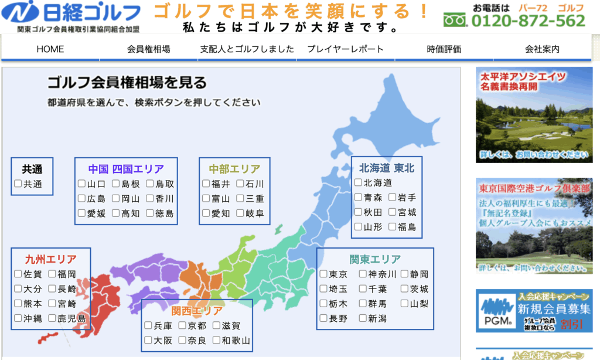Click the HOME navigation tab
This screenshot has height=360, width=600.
(x=50, y=49)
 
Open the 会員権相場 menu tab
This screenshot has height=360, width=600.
(x=148, y=49)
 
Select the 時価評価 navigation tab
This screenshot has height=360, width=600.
(x=444, y=49)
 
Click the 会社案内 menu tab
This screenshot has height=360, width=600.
(x=542, y=49)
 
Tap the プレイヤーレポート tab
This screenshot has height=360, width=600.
(x=346, y=49)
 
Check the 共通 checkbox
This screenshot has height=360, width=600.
(x=18, y=184)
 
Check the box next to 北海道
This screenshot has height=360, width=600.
(x=358, y=182)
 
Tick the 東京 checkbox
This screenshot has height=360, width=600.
(x=323, y=274)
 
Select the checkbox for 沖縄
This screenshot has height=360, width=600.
(x=18, y=318)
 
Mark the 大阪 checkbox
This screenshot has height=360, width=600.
(x=148, y=340)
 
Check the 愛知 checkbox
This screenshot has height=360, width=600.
(x=206, y=213)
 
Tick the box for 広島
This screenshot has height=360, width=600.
(x=81, y=198)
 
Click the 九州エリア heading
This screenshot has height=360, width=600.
(x=50, y=259)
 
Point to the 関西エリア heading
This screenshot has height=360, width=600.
(x=197, y=311)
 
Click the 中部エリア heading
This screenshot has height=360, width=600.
(x=234, y=169)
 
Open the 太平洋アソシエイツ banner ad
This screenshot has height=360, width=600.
(x=534, y=115)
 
